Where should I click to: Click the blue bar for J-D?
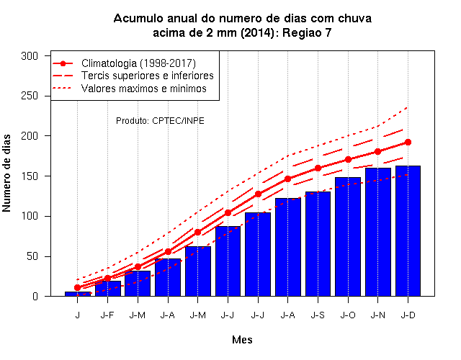[408, 231]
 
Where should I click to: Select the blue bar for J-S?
[318, 244]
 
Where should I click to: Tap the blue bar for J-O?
[348, 237]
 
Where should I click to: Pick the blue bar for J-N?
[377, 232]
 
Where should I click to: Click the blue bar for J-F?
[107, 289]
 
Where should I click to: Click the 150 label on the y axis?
[30, 176]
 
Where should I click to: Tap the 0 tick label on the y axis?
[35, 296]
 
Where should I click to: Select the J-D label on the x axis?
[408, 315]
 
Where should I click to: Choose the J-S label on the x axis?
[318, 315]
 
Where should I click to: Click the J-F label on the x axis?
[107, 315]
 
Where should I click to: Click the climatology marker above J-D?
[408, 143]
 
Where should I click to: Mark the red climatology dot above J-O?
[348, 160]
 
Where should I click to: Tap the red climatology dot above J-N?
[377, 152]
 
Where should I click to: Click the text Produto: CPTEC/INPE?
[160, 121]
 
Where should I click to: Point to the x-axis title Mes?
[242, 340]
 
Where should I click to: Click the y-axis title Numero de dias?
[6, 174]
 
